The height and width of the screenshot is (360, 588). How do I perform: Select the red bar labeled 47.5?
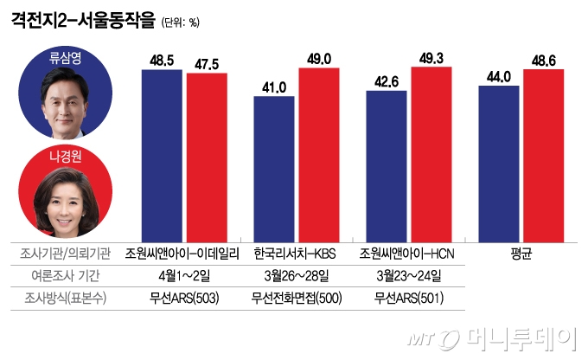(207, 155)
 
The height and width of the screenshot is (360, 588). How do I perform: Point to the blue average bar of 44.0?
(498, 161)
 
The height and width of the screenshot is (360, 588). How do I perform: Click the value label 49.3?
(431, 57)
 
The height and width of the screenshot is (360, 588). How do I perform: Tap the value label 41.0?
(275, 87)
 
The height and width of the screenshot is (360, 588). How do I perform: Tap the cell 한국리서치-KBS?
(295, 254)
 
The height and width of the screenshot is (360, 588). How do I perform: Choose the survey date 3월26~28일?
(295, 276)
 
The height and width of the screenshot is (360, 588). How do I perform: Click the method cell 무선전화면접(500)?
(295, 299)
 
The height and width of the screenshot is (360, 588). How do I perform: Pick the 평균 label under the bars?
(521, 254)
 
